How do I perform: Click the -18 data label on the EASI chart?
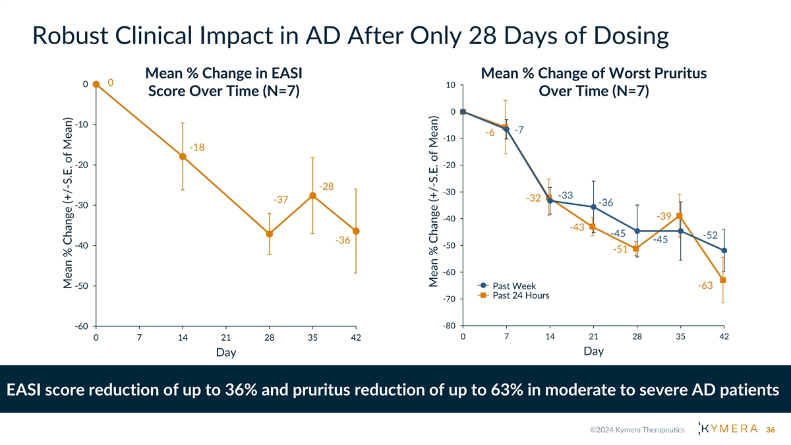tap(197, 147)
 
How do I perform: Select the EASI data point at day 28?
tap(270, 234)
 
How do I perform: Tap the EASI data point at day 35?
tap(312, 196)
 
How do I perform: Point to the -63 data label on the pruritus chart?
tap(705, 285)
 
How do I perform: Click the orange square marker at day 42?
tap(723, 280)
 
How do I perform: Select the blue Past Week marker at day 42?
tap(724, 251)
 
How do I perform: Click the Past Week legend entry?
tap(513, 286)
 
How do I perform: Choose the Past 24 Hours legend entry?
tap(520, 295)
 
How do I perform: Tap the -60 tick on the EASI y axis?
tap(82, 326)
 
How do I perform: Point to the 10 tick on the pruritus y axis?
tap(450, 85)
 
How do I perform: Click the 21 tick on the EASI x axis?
tap(226, 338)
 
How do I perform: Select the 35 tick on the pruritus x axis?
tap(680, 338)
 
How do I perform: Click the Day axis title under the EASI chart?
tap(226, 353)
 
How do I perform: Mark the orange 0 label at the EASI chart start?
tap(110, 82)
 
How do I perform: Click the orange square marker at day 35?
tap(680, 216)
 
